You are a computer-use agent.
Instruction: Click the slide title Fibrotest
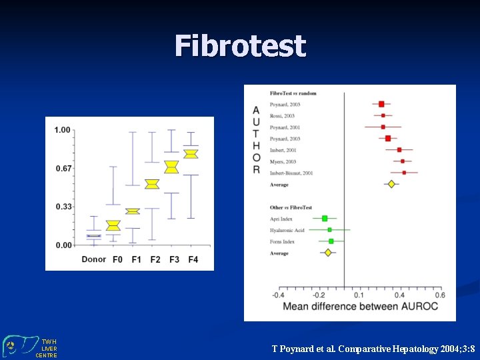pos(240,47)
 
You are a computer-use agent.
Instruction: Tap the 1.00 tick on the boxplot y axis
pos(63,130)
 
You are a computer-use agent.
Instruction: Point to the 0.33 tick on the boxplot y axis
pos(63,207)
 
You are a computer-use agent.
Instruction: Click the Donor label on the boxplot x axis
pos(93,259)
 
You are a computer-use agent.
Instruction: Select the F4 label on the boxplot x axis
pos(193,259)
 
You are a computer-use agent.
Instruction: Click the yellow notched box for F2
pos(152,184)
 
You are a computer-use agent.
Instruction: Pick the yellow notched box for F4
pos(191,154)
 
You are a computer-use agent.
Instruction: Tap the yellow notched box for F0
pos(113,226)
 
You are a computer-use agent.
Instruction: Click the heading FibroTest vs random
pos(293,93)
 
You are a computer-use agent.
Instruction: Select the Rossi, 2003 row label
pos(282,116)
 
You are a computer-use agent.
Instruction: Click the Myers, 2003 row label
pos(283,161)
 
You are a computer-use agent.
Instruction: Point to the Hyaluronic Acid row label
pos(287,230)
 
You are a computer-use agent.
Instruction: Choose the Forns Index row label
pos(282,241)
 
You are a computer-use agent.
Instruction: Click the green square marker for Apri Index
pos(325,219)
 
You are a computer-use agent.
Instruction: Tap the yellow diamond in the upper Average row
pos(391,184)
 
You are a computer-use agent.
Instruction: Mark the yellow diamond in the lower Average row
pos(327,253)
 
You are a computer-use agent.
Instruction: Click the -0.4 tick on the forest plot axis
pos(278,295)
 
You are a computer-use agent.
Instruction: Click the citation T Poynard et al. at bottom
pos(373,349)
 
